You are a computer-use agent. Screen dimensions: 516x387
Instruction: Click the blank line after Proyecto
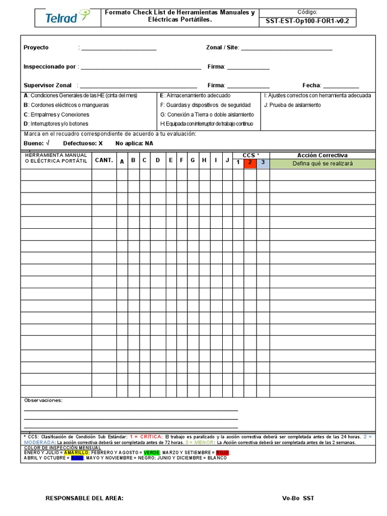pyautogui.click(x=118, y=49)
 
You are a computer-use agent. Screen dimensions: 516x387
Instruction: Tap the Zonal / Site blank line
pyautogui.click(x=286, y=49)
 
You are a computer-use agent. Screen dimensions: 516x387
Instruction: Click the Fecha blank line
pyautogui.click(x=341, y=87)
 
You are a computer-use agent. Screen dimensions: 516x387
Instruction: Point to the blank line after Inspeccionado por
pyautogui.click(x=141, y=68)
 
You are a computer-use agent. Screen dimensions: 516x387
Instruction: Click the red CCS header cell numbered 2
pyautogui.click(x=250, y=162)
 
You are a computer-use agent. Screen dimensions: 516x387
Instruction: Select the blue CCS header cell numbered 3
pyautogui.click(x=263, y=162)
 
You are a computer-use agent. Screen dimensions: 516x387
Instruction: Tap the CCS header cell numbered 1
pyautogui.click(x=238, y=162)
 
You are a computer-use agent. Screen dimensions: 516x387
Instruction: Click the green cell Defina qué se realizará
pyautogui.click(x=322, y=163)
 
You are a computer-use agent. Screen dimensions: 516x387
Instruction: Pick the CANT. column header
pyautogui.click(x=104, y=160)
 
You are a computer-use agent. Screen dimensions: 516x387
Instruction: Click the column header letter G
pyautogui.click(x=192, y=160)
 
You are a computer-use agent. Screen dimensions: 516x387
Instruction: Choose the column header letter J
pyautogui.click(x=227, y=160)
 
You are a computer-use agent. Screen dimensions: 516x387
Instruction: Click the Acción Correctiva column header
pyautogui.click(x=322, y=155)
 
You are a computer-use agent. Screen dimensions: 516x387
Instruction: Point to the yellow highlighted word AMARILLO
pyautogui.click(x=77, y=453)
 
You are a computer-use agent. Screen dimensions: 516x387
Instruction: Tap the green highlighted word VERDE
pyautogui.click(x=151, y=453)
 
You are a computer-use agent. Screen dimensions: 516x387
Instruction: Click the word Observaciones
pyautogui.click(x=43, y=400)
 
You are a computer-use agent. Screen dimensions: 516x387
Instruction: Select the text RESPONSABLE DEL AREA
pyautogui.click(x=84, y=498)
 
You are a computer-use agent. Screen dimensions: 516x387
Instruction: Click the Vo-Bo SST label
pyautogui.click(x=298, y=498)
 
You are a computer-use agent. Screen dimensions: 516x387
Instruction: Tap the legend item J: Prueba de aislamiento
pyautogui.click(x=292, y=105)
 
